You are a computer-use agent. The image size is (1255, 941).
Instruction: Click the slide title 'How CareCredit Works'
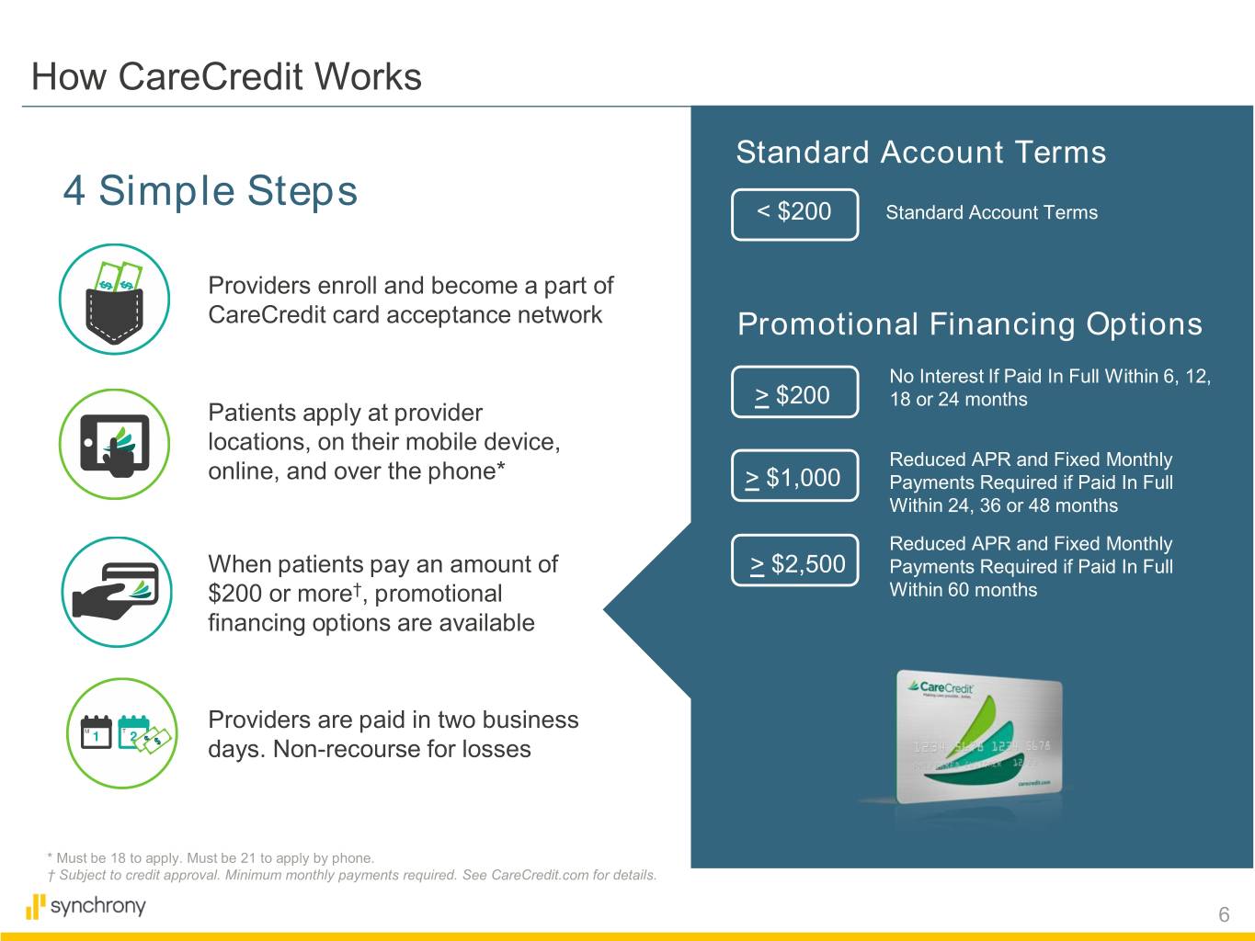tap(226, 76)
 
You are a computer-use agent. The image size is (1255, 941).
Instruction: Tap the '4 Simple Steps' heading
tap(211, 190)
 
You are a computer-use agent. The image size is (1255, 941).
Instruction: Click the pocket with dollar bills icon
tap(114, 299)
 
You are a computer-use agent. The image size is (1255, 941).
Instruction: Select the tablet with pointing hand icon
tap(114, 444)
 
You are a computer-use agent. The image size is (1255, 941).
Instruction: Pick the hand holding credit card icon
tap(117, 592)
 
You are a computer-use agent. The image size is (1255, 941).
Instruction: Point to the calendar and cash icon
tap(121, 733)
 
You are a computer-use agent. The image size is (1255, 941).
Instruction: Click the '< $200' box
tap(794, 214)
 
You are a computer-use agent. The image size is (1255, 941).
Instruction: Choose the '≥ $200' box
tap(794, 392)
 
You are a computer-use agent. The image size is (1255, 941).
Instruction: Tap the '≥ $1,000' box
tap(794, 475)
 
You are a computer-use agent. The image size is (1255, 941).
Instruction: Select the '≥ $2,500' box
tap(794, 561)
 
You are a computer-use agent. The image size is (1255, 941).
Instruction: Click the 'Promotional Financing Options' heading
tap(970, 324)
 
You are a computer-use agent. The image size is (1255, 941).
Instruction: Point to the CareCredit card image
tap(979, 737)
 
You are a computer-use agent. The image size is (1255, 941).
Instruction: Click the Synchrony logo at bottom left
tap(86, 906)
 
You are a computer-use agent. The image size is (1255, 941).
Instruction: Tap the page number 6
tap(1224, 914)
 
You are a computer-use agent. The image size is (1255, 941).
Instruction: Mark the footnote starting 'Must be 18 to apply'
tap(211, 857)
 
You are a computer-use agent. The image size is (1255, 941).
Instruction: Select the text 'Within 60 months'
tap(964, 590)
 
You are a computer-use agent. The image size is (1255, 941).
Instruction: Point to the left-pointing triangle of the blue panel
tap(646, 609)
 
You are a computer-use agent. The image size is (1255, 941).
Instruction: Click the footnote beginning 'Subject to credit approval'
tap(352, 875)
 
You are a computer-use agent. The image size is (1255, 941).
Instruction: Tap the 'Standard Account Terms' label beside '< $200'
tap(991, 212)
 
